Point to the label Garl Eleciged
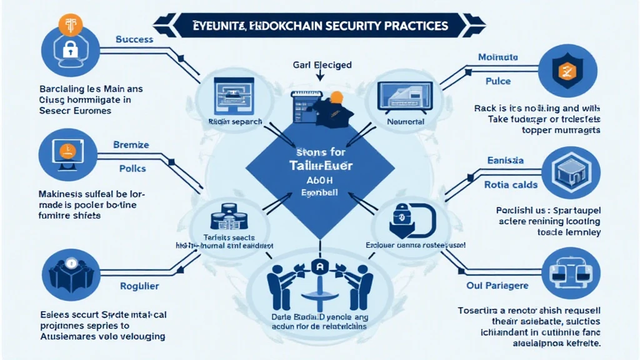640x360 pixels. tap(322, 64)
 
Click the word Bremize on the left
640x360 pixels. tap(131, 144)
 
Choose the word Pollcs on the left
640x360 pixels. tap(132, 169)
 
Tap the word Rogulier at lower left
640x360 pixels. tap(138, 286)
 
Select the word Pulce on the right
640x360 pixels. tap(497, 81)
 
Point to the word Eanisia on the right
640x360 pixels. tap(504, 161)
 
